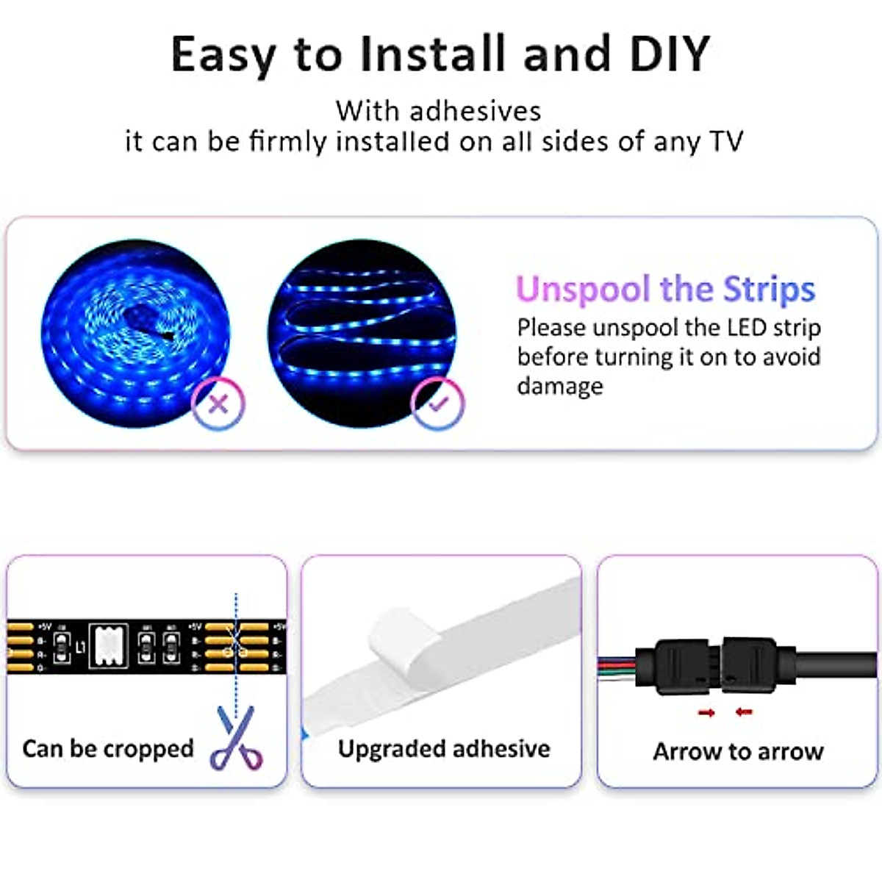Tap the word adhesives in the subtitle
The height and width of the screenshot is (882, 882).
point(475,112)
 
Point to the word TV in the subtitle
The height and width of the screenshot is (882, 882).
point(726,141)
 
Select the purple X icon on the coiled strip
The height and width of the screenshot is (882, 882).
point(218,404)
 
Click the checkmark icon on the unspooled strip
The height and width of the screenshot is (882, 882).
point(438,404)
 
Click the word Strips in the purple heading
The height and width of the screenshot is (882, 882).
point(769,290)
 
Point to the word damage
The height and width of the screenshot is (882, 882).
point(559,386)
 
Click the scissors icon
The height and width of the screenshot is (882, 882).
point(237,738)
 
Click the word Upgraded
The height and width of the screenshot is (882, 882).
point(390,749)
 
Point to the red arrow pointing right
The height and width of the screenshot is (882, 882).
point(706,712)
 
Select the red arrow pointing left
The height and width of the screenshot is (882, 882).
point(744,712)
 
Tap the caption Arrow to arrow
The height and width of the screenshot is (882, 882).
point(738,752)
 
